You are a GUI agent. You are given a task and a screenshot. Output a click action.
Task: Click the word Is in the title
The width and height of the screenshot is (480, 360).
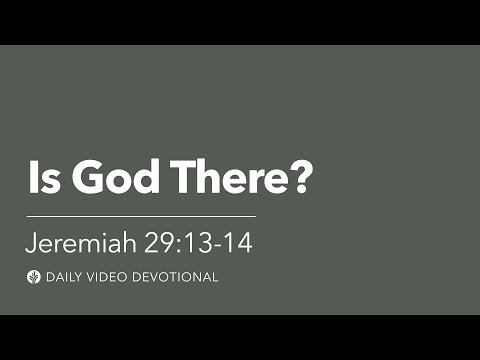[42, 180]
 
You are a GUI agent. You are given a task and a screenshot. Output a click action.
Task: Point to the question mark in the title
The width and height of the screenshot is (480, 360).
[301, 180]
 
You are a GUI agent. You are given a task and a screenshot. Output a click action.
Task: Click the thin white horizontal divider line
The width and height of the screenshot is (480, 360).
[141, 215]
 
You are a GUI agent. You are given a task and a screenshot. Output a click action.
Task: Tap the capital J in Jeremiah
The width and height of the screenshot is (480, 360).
[32, 242]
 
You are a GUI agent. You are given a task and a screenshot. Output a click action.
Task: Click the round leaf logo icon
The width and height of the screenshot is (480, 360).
[34, 276]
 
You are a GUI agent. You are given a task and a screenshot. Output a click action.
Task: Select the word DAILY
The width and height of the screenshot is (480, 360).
[66, 277]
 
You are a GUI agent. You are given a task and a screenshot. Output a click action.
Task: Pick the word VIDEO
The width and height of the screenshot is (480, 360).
[112, 277]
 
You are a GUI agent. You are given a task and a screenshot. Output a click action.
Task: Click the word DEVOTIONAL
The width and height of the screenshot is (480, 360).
[177, 277]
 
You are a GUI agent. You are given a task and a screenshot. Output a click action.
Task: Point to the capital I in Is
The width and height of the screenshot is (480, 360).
[33, 180]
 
